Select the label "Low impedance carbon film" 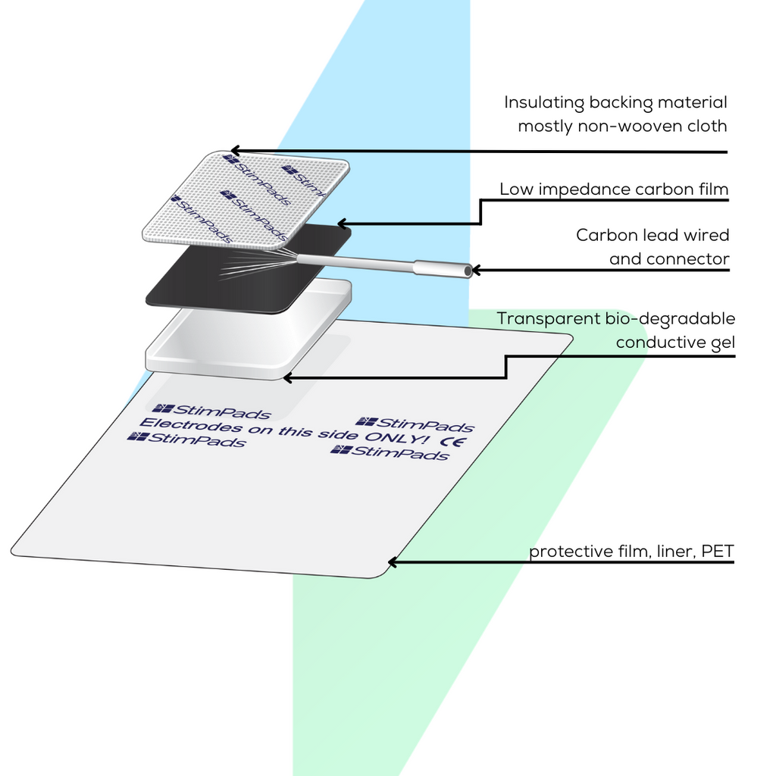pos(613,189)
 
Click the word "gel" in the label pos(721,342)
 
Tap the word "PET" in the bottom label pos(718,551)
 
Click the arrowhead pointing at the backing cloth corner pos(235,150)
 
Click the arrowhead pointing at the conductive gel pos(284,377)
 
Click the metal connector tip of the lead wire pos(443,268)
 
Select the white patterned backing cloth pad pos(242,201)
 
